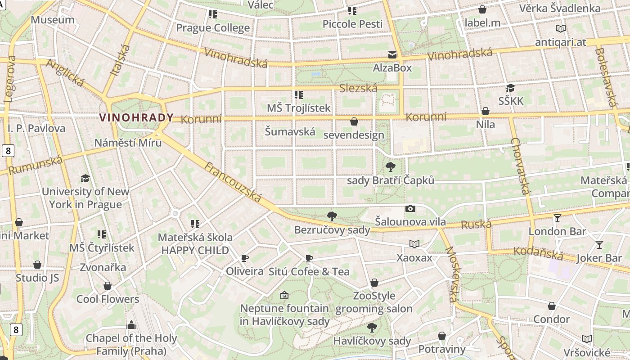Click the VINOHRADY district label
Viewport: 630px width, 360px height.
(136, 118)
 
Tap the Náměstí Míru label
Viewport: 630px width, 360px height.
(128, 143)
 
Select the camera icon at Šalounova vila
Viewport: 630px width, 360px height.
(410, 208)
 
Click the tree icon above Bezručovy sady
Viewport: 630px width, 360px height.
(332, 216)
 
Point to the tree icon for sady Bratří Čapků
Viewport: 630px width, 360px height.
(391, 167)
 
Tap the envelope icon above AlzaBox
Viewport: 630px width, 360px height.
(392, 55)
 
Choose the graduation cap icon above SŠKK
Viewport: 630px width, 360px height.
(510, 88)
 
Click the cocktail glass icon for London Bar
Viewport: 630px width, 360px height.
(558, 218)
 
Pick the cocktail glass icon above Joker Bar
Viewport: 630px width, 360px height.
(599, 245)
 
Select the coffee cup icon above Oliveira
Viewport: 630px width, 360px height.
(244, 258)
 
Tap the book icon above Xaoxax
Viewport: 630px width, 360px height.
(414, 244)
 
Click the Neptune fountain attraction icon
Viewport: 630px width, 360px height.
(284, 295)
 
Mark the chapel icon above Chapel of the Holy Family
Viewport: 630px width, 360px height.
(131, 324)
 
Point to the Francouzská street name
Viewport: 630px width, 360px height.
(233, 182)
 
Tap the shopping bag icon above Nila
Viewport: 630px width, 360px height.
(486, 111)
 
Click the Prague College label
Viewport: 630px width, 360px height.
(212, 28)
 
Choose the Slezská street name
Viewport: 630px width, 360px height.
(358, 88)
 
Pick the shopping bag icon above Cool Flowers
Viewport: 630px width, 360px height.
(108, 286)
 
